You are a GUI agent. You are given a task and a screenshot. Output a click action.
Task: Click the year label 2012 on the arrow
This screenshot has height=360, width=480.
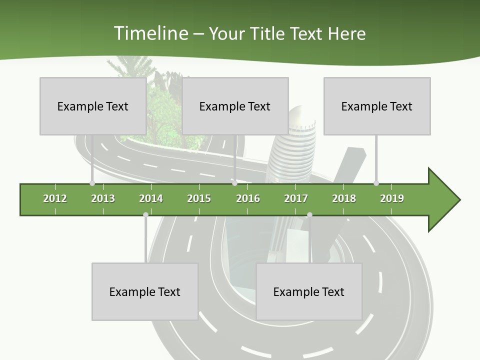[x=55, y=198]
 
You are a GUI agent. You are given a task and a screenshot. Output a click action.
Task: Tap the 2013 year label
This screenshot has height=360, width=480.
[x=103, y=198]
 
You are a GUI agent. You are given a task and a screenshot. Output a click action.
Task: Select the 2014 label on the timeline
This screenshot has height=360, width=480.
[x=151, y=198]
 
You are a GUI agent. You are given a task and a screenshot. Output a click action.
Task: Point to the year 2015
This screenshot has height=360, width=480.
[x=199, y=198]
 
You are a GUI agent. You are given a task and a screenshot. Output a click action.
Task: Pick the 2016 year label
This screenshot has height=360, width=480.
[x=248, y=198]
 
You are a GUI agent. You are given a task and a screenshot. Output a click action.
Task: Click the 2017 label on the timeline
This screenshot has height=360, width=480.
[x=296, y=198]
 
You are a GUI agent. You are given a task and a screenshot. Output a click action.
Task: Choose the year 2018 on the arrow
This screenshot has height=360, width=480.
[x=344, y=198]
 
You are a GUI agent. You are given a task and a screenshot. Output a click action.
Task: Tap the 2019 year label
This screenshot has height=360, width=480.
[x=392, y=198]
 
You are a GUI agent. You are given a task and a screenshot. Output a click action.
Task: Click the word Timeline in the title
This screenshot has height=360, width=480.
[x=150, y=33]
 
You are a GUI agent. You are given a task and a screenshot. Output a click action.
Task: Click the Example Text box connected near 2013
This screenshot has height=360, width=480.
[x=93, y=106]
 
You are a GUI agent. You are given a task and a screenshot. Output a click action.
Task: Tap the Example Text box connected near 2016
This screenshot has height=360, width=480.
[x=235, y=106]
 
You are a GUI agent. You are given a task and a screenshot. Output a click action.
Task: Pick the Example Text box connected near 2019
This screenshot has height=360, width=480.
[x=377, y=106]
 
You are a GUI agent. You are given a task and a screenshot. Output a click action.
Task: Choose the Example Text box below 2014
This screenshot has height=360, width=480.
[x=145, y=291]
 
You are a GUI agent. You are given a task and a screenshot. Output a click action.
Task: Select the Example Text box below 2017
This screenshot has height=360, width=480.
[x=309, y=291]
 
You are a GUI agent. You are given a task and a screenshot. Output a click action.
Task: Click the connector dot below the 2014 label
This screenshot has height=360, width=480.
[x=145, y=215]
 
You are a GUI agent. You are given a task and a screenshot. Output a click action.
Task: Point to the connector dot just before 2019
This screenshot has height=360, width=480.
[x=376, y=183]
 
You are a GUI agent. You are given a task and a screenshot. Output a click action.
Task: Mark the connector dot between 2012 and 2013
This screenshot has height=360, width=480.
[x=92, y=183]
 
